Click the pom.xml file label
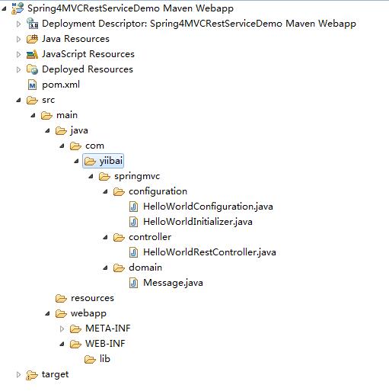61,85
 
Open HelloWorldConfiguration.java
208,207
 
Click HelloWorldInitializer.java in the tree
198,222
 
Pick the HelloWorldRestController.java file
209,252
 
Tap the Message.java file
173,283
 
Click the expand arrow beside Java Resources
18,39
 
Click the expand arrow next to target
18,375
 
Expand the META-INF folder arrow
62,329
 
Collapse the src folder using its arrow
18,101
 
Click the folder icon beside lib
90,360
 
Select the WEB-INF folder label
105,344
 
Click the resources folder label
92,298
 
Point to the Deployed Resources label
88,69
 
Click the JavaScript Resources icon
32,54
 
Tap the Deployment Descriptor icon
32,24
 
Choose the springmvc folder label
137,176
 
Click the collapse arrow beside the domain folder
105,268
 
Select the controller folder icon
119,238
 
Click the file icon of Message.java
133,283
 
